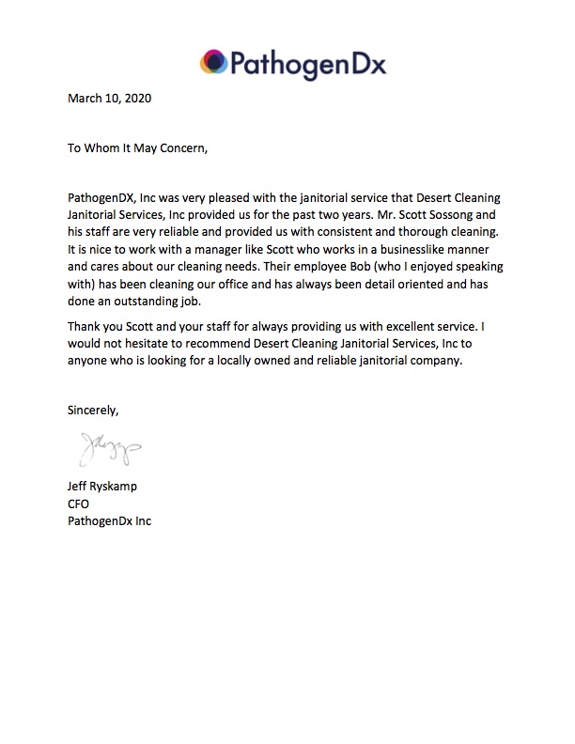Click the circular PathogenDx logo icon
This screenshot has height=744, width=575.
[213, 64]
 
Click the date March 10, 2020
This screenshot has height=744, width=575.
[110, 97]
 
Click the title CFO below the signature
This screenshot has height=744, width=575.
[79, 504]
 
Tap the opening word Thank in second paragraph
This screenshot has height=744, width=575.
[86, 325]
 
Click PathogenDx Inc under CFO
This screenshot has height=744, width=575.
[110, 521]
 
